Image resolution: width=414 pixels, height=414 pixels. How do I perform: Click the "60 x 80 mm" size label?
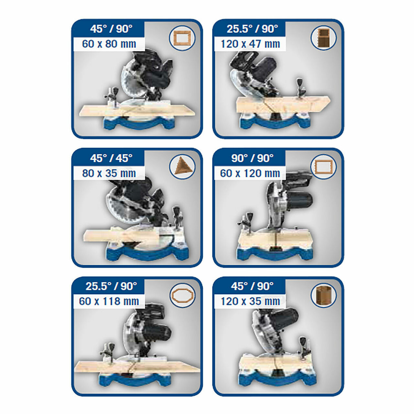tap(109, 44)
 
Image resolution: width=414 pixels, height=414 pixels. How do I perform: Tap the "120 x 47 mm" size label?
tap(250, 44)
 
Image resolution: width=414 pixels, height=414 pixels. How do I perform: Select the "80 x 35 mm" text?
tap(109, 173)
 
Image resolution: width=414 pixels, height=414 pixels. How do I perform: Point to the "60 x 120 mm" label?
tap(250, 173)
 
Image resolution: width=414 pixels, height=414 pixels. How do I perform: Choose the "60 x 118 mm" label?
tap(109, 301)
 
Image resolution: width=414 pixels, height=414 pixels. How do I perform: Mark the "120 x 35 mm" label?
tap(250, 301)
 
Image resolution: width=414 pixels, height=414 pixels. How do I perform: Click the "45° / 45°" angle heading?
tap(111, 158)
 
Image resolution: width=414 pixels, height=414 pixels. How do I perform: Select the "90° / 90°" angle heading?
tap(252, 158)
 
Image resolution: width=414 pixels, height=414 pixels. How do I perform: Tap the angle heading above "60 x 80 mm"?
tap(111, 29)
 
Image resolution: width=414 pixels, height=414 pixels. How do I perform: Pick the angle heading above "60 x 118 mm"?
tap(111, 286)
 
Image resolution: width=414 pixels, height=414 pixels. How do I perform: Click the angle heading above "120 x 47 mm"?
tap(252, 29)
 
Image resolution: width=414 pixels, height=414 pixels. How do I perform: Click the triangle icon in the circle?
tap(182, 167)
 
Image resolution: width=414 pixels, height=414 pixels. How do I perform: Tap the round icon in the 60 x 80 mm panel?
tap(182, 38)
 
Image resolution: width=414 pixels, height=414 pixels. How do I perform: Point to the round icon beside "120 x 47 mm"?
tap(323, 38)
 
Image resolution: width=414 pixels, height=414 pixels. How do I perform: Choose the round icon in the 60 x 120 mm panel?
tap(323, 167)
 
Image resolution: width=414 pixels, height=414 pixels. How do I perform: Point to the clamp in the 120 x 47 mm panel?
tap(301, 87)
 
